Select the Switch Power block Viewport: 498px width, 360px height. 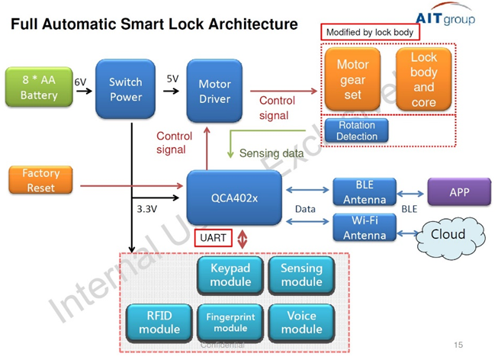125,89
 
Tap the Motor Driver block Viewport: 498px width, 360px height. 214,91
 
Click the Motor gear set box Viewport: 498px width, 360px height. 353,80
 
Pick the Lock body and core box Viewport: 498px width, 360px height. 423,79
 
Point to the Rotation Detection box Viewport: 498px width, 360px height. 357,130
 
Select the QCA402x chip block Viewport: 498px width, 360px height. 234,198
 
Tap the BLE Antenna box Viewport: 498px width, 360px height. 365,191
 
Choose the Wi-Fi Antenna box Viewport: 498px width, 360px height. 365,227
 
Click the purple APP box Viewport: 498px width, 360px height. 459,192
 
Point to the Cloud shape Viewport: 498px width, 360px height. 448,234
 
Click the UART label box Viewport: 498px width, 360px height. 214,239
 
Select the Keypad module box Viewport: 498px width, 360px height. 230,275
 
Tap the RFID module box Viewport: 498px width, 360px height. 159,322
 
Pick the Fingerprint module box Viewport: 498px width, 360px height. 230,322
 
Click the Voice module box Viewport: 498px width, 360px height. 301,322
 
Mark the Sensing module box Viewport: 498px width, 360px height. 301,275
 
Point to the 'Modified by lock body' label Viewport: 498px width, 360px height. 369,33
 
